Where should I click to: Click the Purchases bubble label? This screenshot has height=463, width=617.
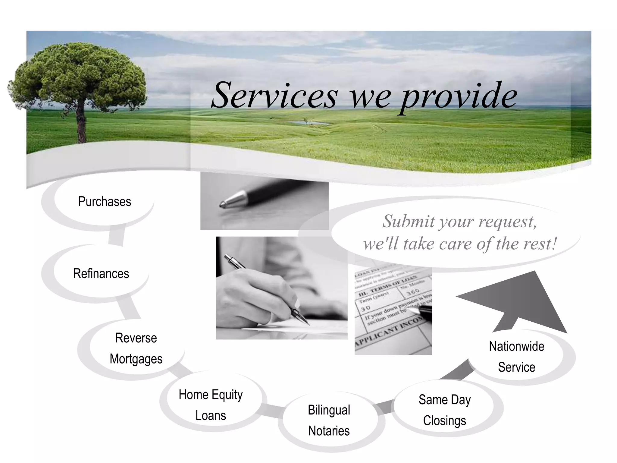click(105, 202)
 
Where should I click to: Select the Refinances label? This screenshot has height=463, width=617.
click(101, 274)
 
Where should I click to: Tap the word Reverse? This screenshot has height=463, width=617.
click(136, 338)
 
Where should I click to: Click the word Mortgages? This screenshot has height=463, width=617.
click(136, 359)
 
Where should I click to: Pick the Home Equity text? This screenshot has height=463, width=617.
click(211, 395)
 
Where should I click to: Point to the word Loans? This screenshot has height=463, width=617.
click(211, 416)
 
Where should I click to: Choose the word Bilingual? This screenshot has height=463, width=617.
click(329, 410)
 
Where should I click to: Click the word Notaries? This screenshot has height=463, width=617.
click(329, 431)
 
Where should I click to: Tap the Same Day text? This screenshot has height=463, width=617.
click(445, 400)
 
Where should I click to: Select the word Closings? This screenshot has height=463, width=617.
click(445, 421)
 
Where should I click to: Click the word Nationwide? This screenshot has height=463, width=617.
click(517, 346)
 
